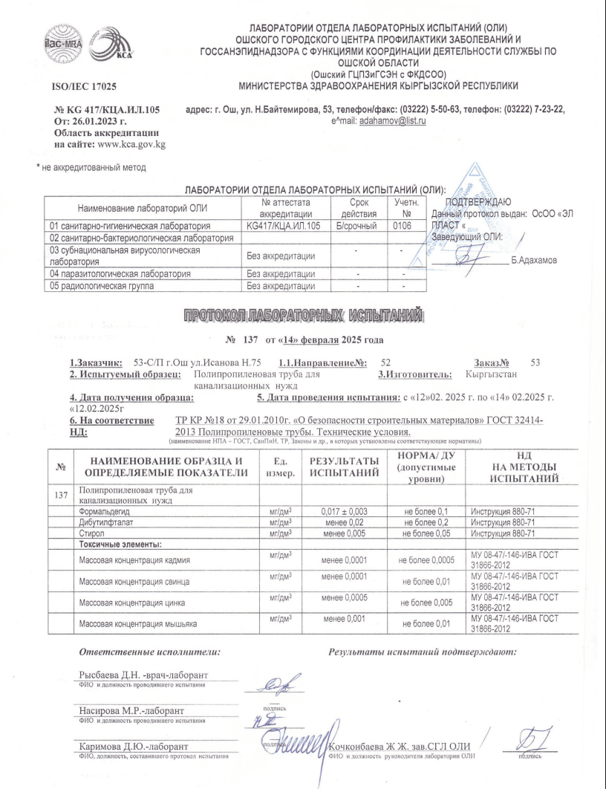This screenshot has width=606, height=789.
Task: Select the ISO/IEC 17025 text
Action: point(87,88)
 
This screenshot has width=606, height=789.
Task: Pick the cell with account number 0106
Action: point(403,224)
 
